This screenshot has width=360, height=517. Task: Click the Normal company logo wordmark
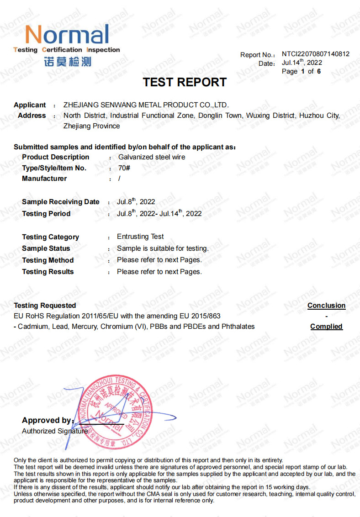pyautogui.click(x=67, y=35)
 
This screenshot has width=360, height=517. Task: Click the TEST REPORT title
pyautogui.click(x=185, y=82)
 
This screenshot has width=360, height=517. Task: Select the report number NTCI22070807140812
pyautogui.click(x=315, y=54)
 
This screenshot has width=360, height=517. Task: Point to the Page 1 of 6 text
pyautogui.click(x=301, y=71)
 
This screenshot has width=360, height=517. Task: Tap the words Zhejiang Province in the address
pyautogui.click(x=91, y=126)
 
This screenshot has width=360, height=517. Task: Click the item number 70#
pyautogui.click(x=124, y=168)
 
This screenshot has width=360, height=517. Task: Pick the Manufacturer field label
pyautogui.click(x=44, y=179)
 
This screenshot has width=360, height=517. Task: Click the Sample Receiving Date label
pyautogui.click(x=60, y=202)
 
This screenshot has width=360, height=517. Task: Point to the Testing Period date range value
pyautogui.click(x=159, y=213)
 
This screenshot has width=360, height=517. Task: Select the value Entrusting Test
pyautogui.click(x=140, y=237)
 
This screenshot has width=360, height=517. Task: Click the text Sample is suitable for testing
pyautogui.click(x=163, y=248)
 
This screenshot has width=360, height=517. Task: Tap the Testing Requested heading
pyautogui.click(x=45, y=305)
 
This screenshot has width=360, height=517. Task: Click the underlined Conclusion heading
pyautogui.click(x=326, y=306)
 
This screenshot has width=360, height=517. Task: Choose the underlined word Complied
pyautogui.click(x=326, y=327)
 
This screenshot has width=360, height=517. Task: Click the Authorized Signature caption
pyautogui.click(x=54, y=431)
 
